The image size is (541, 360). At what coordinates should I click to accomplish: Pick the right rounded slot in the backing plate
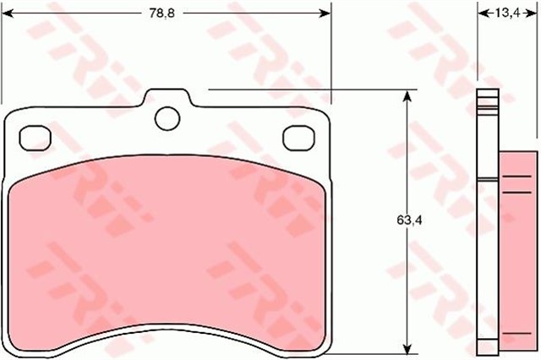click(298, 135)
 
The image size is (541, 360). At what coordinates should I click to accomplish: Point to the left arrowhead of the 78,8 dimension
click(11, 13)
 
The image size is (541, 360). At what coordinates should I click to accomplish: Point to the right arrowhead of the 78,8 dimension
click(325, 13)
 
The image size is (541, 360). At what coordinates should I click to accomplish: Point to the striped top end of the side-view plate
click(485, 102)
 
